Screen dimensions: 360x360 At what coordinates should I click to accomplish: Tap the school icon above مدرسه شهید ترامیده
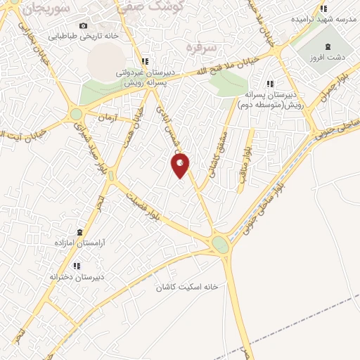[x=323, y=8]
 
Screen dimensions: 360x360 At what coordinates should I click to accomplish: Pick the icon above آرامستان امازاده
[x=79, y=232]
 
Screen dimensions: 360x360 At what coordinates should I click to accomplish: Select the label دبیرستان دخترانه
[x=76, y=276]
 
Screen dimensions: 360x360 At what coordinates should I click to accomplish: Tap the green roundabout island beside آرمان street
[x=76, y=114]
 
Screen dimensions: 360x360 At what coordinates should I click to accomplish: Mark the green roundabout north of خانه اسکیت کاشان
[x=221, y=245]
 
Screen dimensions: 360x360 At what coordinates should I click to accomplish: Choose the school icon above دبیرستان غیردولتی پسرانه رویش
[x=144, y=61]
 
